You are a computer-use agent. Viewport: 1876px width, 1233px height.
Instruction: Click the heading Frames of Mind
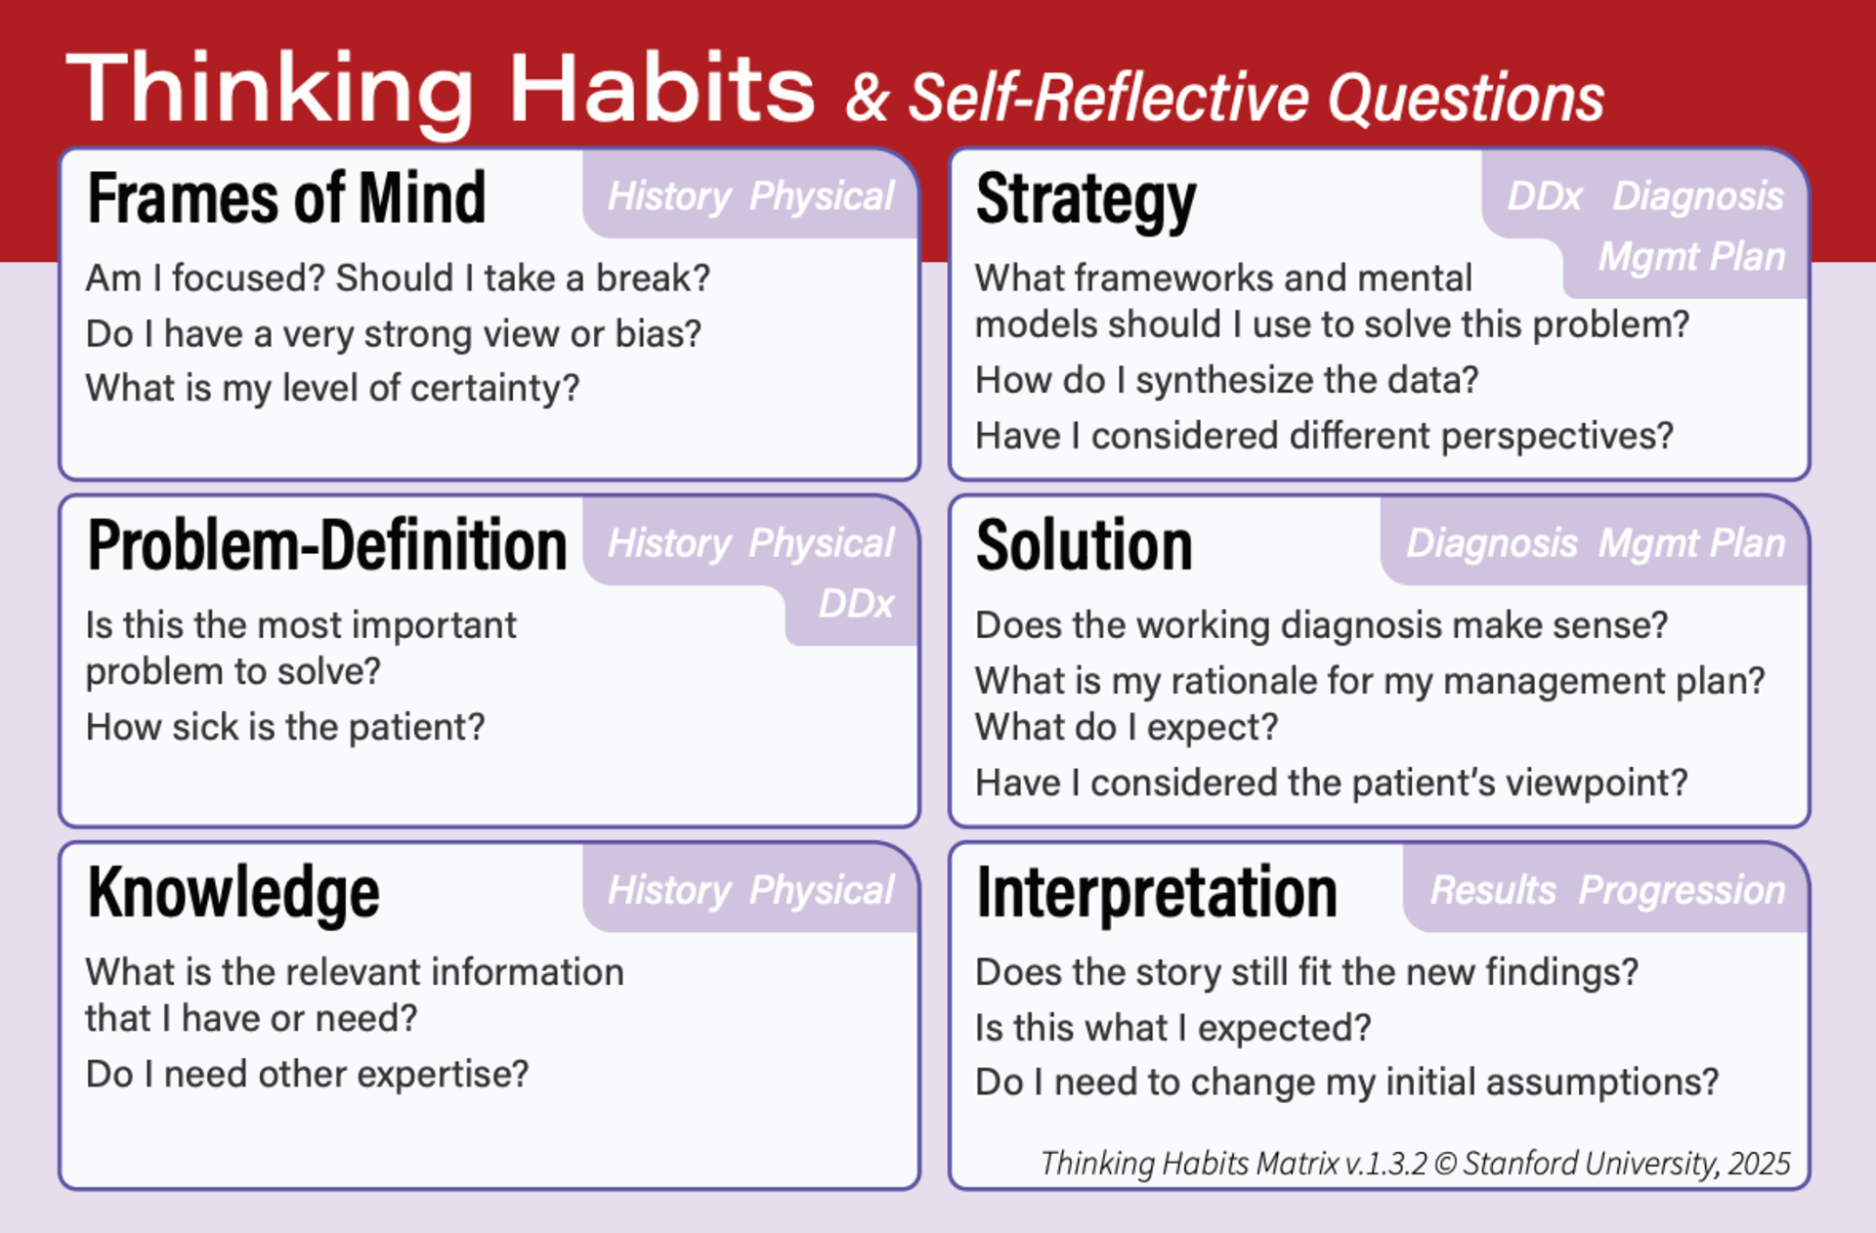286,198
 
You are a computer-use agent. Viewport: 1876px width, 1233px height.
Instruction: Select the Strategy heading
1086,200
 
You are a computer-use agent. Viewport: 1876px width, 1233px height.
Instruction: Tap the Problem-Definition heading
326,545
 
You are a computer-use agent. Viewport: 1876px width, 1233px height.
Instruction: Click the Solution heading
1084,545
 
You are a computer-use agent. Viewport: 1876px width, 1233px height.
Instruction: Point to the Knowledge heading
233,892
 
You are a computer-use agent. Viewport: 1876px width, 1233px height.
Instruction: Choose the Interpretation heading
1156,892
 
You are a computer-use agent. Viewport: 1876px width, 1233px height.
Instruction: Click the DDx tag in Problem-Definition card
856,604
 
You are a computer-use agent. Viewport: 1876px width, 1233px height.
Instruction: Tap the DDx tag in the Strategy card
1544,196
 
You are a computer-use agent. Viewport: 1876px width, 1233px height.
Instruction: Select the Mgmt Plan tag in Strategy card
1691,257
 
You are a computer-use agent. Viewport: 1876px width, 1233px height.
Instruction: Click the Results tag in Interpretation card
1492,890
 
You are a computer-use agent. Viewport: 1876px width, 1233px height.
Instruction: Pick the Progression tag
1682,890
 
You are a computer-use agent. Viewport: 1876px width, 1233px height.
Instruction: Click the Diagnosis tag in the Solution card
1491,543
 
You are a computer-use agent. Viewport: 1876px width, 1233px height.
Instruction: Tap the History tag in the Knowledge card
669,890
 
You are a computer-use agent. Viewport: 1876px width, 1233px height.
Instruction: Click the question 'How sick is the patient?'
285,727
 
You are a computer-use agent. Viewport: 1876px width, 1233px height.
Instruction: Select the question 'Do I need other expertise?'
307,1074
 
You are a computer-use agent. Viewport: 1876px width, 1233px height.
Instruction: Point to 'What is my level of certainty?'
332,388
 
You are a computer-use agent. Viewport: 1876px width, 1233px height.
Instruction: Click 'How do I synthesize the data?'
1226,380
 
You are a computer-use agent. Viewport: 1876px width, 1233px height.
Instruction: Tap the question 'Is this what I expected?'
1172,1028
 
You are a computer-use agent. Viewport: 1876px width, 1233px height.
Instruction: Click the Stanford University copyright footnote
1415,1163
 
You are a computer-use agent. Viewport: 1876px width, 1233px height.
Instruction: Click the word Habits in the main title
661,90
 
